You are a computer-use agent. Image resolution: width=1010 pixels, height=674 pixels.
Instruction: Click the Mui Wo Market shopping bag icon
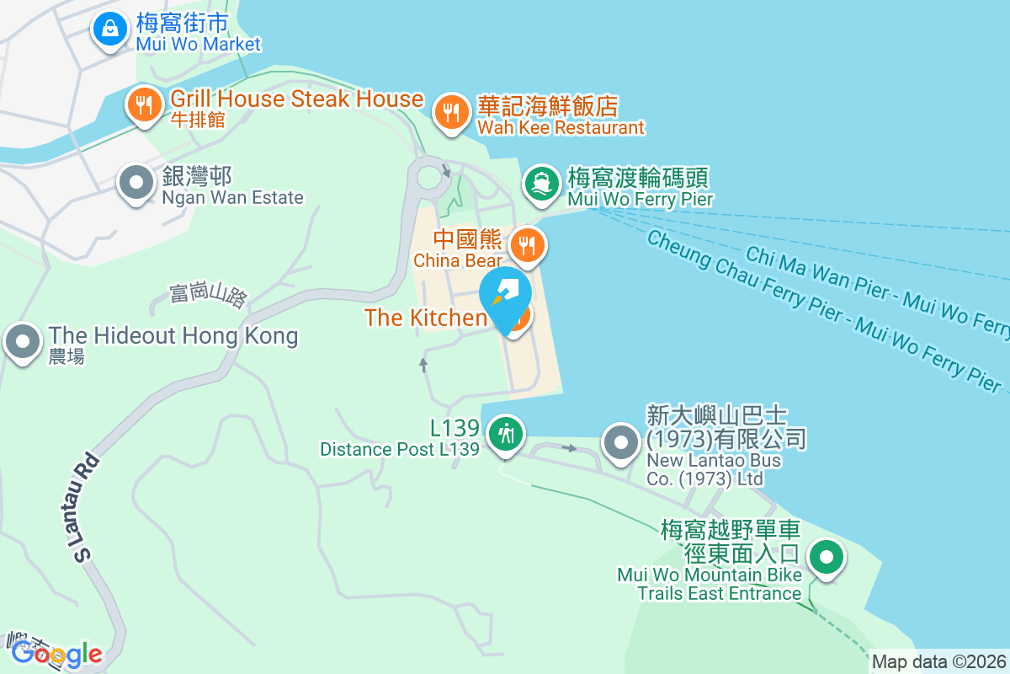point(109,29)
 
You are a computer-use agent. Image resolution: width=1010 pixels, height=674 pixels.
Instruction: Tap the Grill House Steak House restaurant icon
point(144,105)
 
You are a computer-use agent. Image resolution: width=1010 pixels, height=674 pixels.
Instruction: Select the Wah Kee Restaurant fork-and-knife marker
point(452,112)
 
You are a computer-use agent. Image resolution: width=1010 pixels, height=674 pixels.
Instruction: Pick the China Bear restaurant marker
point(528,245)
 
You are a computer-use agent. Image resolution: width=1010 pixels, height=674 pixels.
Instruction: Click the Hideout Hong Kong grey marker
point(23,343)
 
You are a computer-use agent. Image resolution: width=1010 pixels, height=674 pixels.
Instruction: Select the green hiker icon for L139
point(506,434)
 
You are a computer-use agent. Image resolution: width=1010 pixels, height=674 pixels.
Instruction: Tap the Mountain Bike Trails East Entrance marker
point(827,558)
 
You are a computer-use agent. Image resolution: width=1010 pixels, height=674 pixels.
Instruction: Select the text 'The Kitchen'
point(425,317)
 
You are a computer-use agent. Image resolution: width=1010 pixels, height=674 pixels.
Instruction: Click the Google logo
point(57,653)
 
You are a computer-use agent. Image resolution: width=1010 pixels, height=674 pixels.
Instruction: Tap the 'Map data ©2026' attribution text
point(938,661)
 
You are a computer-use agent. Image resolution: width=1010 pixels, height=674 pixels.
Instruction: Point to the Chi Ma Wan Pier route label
point(875,286)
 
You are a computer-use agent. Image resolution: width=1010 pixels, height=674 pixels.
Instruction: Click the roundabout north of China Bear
point(429,176)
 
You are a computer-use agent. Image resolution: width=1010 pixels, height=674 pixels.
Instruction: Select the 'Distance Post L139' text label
point(399,449)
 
